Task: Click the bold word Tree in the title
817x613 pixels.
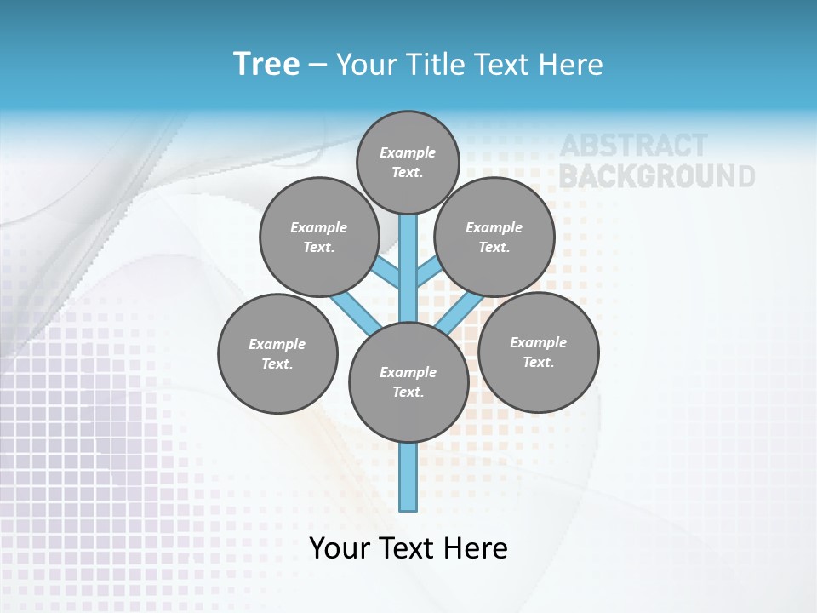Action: [x=266, y=65]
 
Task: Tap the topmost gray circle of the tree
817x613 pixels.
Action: [x=408, y=162]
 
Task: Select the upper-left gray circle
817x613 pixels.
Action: [x=318, y=237]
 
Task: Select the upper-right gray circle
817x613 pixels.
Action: [x=494, y=237]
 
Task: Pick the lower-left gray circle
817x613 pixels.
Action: [x=277, y=353]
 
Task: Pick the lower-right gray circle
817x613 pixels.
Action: [x=538, y=352]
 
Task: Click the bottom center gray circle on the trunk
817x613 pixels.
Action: [x=408, y=382]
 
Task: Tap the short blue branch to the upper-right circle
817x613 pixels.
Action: [x=427, y=272]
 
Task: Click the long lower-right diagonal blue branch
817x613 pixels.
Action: [x=457, y=312]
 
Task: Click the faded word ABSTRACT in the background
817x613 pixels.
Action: [x=633, y=146]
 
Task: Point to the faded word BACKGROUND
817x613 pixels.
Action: [x=656, y=176]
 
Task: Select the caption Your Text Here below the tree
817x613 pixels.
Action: [x=408, y=548]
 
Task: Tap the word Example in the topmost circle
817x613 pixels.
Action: [x=408, y=152]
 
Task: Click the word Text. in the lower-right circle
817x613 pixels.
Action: [x=538, y=362]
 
